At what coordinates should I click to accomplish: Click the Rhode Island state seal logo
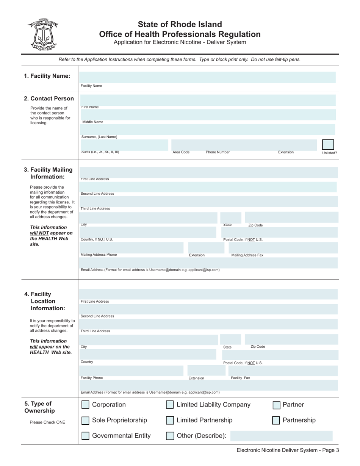coord(43,34)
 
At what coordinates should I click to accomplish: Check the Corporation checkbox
coord(86,405)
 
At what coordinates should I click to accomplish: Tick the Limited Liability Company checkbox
coord(170,405)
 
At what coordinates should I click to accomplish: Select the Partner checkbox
coord(276,405)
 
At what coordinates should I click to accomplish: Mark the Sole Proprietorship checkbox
coord(86,421)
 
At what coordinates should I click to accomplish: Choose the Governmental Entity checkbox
coord(86,436)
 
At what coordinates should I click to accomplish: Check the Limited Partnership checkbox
coord(170,421)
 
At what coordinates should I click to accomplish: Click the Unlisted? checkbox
coord(328,145)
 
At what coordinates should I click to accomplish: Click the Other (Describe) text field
coord(281,436)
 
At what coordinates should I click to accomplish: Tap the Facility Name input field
coord(207,77)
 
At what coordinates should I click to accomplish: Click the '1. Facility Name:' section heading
coord(47,76)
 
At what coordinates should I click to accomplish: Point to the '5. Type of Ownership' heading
coord(39,407)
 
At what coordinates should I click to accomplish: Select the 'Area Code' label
coord(181,152)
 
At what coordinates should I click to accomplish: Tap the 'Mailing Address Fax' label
coord(247,255)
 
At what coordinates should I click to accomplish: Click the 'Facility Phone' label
coord(92,378)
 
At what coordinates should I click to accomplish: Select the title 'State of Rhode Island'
coord(180,25)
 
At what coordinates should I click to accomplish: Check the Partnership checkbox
coord(276,421)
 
